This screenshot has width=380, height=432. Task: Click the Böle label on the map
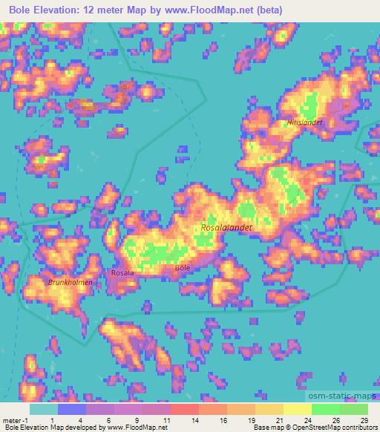(182, 267)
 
